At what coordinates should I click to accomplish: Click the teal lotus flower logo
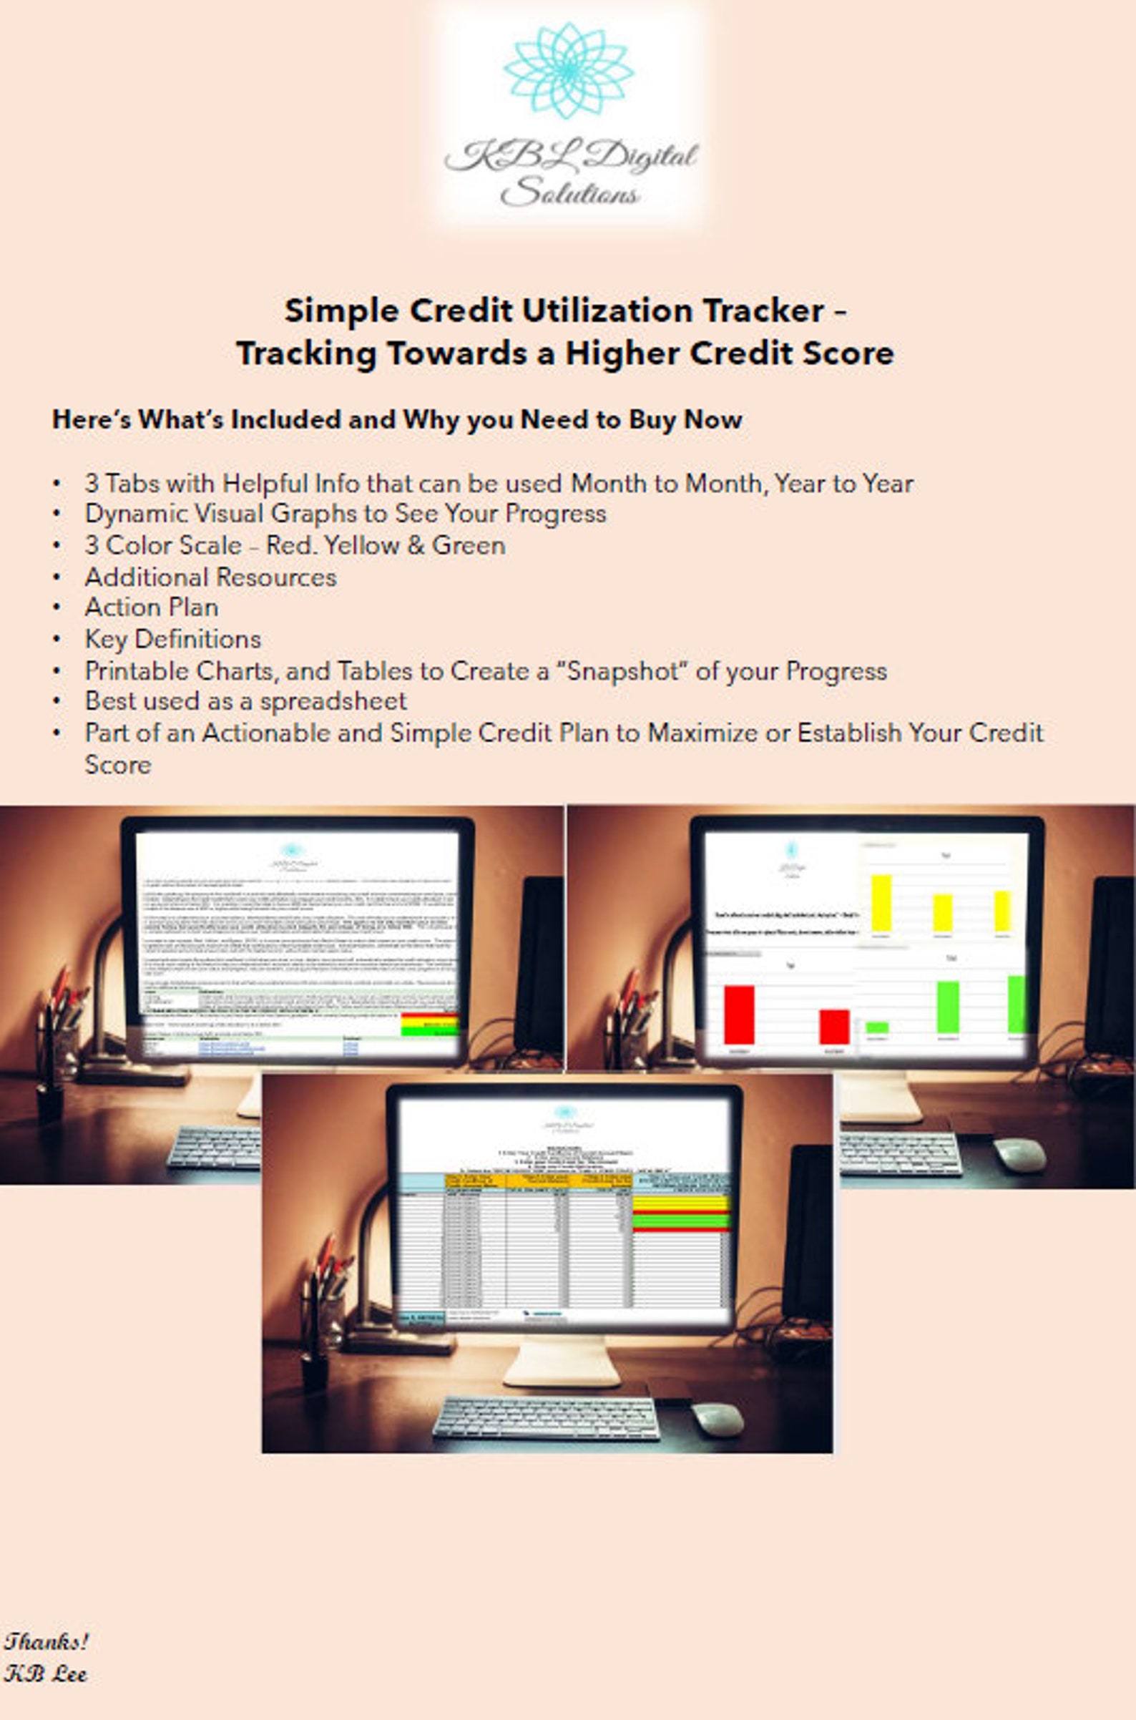tap(569, 70)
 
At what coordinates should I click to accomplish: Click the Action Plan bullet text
tap(152, 607)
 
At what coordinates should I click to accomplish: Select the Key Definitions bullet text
tap(172, 639)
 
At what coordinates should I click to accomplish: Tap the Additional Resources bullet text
tap(210, 577)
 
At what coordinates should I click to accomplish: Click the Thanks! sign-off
tap(46, 1641)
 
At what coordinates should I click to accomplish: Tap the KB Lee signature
tap(45, 1674)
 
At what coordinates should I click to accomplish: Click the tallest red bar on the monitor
tap(739, 1015)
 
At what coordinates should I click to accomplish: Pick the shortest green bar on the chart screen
tap(876, 1027)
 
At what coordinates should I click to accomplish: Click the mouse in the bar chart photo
tap(1019, 1153)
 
